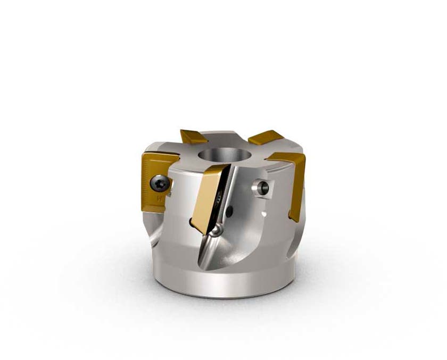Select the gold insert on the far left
pos(154,181)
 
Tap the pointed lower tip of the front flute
pos(201,269)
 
